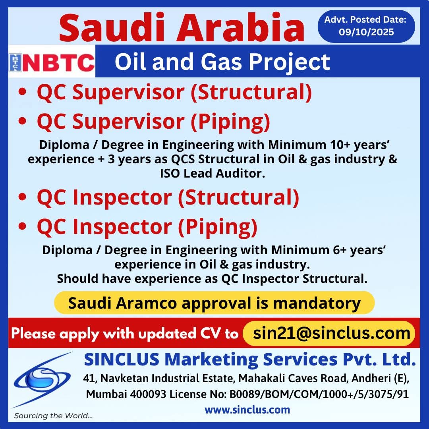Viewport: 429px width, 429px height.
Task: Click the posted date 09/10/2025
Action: [366, 32]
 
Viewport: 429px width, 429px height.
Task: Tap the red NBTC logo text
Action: [58, 63]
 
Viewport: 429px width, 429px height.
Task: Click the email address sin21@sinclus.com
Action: [332, 333]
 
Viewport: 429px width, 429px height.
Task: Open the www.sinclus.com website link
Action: [247, 410]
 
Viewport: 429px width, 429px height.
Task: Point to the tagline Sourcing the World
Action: [53, 415]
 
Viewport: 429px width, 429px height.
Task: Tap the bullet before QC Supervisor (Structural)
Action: [22, 92]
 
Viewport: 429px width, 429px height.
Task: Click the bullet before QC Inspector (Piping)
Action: [22, 226]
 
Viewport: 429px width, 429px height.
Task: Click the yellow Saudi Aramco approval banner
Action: [214, 303]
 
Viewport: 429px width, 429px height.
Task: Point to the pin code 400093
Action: [148, 394]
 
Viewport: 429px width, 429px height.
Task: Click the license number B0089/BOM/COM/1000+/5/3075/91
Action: [319, 394]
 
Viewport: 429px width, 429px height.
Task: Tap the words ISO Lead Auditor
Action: [213, 173]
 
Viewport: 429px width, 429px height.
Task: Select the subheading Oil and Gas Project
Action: [222, 62]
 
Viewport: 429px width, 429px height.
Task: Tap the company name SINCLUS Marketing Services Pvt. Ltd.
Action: [250, 359]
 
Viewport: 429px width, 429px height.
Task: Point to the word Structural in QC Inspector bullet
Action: [239, 197]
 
